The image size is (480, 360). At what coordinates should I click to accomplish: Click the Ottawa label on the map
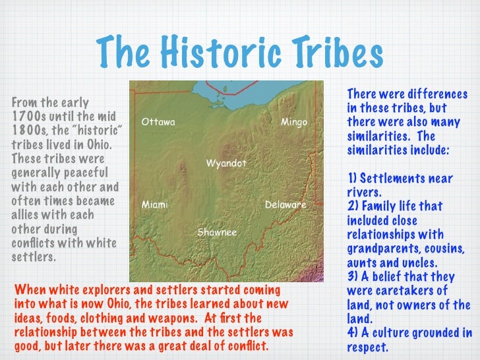158,123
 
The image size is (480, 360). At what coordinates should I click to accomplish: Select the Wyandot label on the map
226,162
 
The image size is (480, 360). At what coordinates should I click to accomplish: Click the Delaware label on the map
285,205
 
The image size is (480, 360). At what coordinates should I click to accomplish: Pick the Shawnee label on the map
217,233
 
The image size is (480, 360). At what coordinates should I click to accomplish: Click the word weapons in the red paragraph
189,318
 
